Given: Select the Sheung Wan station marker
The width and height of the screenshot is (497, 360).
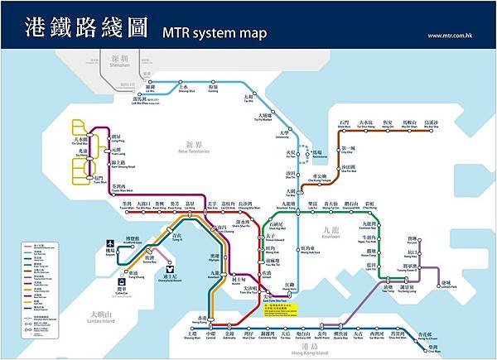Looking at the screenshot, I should pyautogui.click(x=191, y=330).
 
